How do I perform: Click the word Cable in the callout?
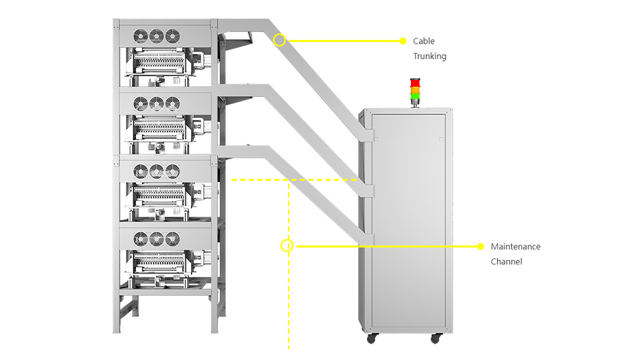(x=423, y=41)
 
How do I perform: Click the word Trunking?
(x=429, y=56)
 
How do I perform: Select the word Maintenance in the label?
(x=516, y=247)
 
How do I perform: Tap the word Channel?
(x=506, y=262)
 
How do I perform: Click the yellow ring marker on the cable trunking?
(x=279, y=40)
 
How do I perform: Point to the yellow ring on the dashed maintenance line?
(x=287, y=246)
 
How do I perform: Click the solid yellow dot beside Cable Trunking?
(x=402, y=41)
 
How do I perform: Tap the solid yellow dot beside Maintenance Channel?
(x=480, y=247)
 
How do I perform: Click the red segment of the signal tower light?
(x=415, y=83)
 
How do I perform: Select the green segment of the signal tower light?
(x=415, y=97)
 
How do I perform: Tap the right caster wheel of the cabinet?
(x=435, y=338)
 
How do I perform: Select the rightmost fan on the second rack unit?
(x=172, y=103)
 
